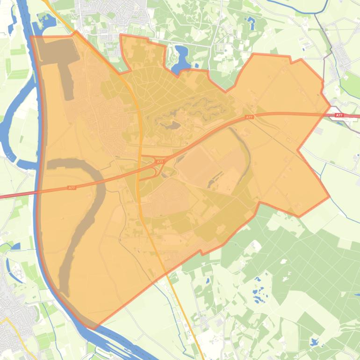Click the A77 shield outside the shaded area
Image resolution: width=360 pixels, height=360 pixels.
click(x=339, y=115)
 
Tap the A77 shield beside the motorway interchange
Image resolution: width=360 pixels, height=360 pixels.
click(x=160, y=162)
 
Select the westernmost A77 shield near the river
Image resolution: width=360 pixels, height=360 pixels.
click(x=72, y=187)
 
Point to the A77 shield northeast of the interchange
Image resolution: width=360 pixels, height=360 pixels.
click(x=250, y=117)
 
